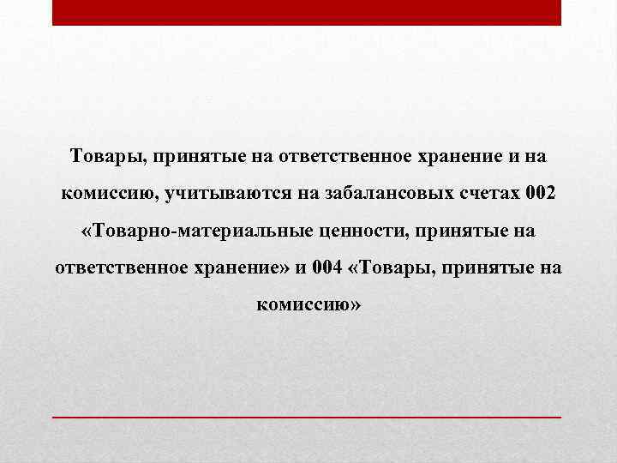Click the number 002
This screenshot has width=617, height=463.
542,194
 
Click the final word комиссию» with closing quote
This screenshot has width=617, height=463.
308,304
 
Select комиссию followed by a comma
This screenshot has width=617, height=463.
104,194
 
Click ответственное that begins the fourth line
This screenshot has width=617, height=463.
121,268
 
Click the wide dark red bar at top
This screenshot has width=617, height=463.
307,12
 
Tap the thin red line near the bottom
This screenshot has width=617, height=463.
307,416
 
